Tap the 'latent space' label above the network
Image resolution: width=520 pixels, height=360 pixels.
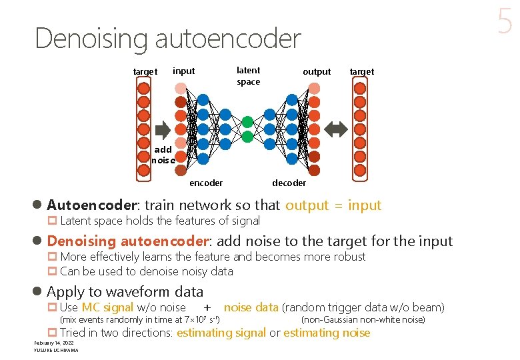pos(249,76)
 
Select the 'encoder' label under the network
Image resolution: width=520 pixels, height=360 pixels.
pos(206,183)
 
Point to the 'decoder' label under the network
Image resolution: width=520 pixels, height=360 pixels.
pos(289,183)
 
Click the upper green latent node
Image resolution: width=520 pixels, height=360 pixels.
pos(247,122)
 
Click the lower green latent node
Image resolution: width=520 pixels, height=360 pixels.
pos(247,137)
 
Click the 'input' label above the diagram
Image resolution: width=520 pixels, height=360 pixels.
pos(184,71)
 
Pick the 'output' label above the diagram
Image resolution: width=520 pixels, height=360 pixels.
pos(317,71)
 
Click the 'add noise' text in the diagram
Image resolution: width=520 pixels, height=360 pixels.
pos(163,155)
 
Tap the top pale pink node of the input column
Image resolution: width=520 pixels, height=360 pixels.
pos(181,89)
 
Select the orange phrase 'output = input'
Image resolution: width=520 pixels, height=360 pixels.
pos(333,205)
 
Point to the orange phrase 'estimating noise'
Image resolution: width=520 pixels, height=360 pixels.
pos(327,333)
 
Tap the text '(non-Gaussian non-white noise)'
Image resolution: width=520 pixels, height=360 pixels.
pos(363,320)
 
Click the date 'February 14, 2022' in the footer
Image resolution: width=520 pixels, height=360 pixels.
pos(53,343)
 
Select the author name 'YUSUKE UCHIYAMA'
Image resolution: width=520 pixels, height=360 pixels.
pos(56,350)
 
